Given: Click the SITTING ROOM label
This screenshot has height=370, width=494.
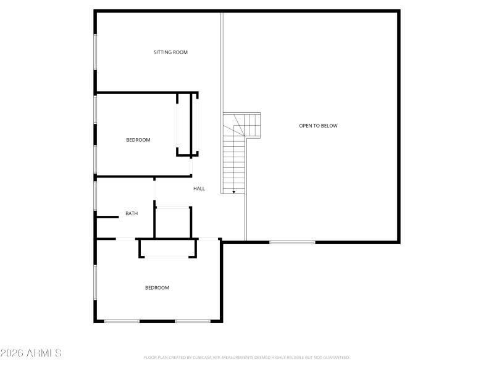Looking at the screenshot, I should (170, 52).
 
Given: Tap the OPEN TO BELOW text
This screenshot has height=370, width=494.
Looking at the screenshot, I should (318, 126).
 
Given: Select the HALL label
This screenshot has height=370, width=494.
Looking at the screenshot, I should (199, 189).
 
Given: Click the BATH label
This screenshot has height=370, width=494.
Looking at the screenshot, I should (132, 214).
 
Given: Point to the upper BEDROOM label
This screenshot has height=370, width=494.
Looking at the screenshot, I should (138, 140).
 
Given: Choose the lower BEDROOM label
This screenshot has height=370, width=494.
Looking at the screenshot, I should (157, 288).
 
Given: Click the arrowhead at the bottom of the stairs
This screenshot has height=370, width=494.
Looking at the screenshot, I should (234, 192).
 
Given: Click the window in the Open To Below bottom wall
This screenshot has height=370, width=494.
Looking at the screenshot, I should (292, 242).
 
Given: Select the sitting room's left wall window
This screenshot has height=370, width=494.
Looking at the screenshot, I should (95, 51).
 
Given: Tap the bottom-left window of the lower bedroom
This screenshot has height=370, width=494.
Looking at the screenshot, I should (122, 321).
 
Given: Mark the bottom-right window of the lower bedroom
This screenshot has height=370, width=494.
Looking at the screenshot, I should (193, 321).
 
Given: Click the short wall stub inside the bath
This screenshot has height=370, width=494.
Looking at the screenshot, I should (107, 216).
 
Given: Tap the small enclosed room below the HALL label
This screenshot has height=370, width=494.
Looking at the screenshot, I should (173, 222).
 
